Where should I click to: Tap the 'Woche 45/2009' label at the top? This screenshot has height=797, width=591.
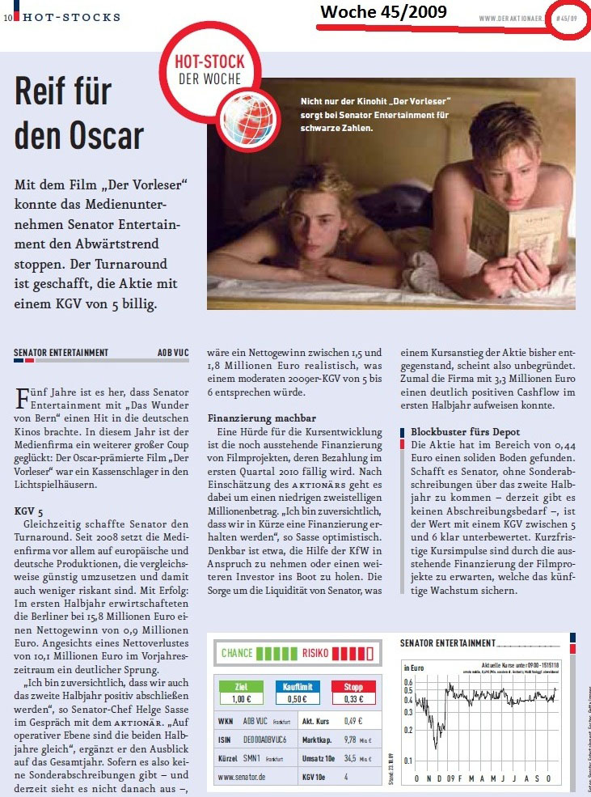coord(383,12)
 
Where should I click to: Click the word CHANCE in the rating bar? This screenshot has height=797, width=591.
coord(237,653)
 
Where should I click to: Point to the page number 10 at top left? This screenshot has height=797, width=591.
coord(6,16)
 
